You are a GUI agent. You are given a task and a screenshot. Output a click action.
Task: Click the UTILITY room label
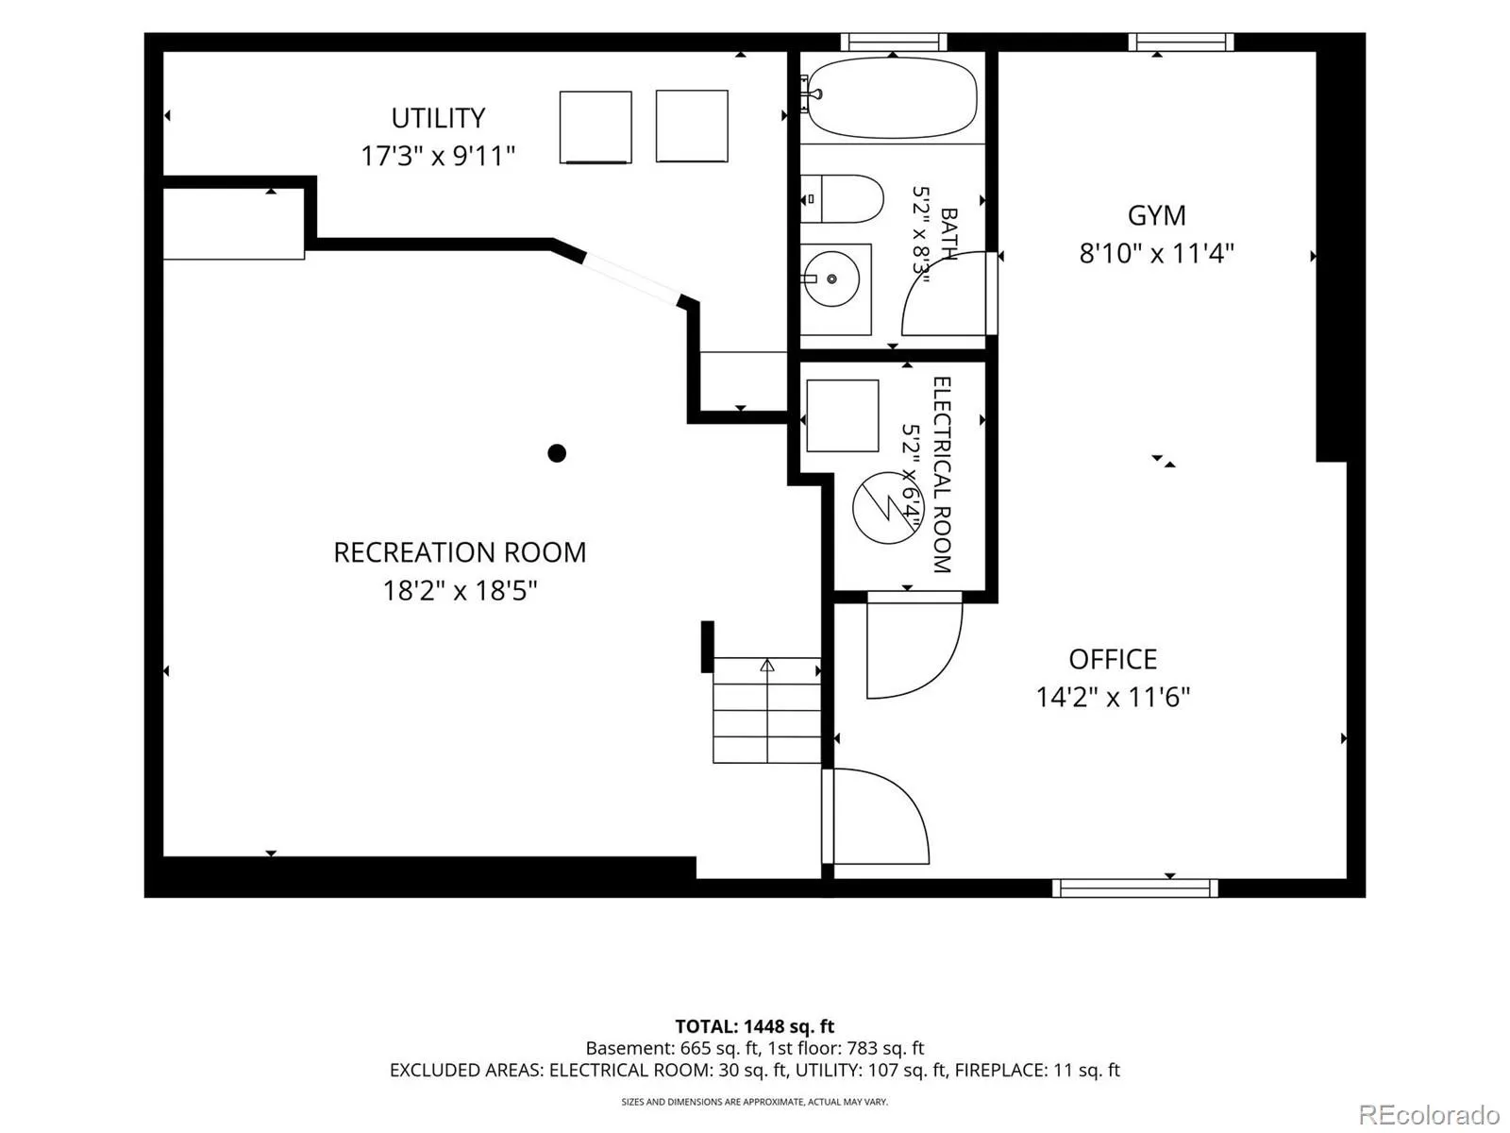tap(438, 118)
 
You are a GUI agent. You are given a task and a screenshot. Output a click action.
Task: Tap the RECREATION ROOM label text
tap(460, 552)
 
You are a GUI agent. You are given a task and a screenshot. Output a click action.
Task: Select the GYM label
tap(1156, 216)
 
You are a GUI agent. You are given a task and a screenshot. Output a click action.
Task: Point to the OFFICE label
tap(1113, 660)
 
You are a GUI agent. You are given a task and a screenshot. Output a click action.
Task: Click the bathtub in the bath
tap(892, 97)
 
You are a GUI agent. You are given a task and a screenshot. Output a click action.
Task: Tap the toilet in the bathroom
tap(841, 199)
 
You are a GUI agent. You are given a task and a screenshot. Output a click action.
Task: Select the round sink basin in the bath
tap(831, 279)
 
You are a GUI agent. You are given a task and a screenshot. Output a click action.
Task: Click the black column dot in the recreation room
tap(557, 453)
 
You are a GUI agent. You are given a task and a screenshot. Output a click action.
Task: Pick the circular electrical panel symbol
tap(887, 508)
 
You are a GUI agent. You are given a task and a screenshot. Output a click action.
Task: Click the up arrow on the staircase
tap(767, 666)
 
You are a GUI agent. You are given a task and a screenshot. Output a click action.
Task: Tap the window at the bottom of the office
tap(1135, 888)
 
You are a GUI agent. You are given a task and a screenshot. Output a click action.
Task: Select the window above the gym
tap(1181, 42)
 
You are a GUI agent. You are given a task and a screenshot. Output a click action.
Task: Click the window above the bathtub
tap(894, 42)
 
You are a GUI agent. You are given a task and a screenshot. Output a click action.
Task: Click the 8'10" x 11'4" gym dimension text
tap(1156, 254)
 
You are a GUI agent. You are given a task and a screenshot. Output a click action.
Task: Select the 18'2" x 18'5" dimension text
tap(460, 591)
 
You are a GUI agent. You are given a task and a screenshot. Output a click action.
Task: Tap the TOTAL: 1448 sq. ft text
tap(755, 1027)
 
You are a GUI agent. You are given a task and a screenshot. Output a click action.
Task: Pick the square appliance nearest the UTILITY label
tap(596, 127)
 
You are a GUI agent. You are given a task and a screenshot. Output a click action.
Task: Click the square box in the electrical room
tap(843, 415)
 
